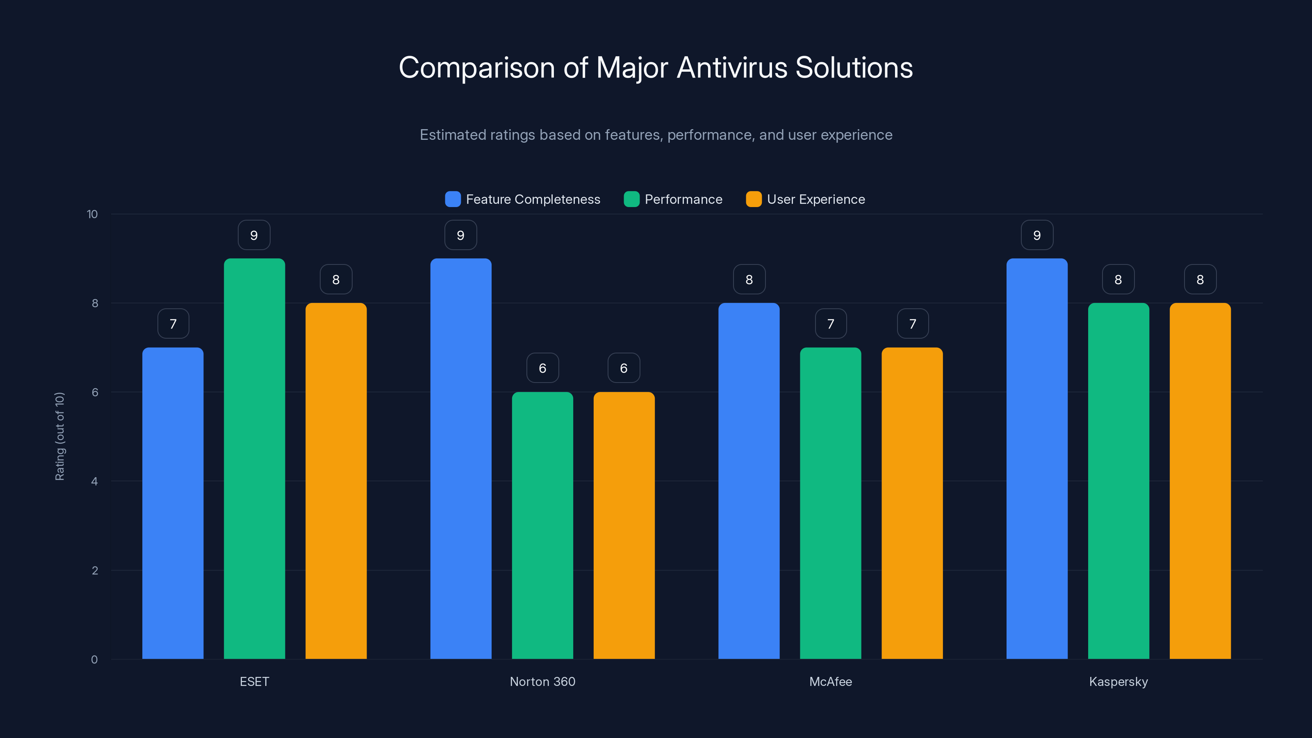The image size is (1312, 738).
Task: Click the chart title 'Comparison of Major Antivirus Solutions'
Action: [x=656, y=68]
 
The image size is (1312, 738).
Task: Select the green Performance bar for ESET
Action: [x=254, y=458]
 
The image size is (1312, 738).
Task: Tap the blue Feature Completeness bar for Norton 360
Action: [x=460, y=458]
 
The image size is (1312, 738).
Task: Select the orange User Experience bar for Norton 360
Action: [x=624, y=525]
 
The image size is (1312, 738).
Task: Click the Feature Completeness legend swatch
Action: [x=453, y=199]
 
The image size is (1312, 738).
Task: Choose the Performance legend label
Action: [x=683, y=199]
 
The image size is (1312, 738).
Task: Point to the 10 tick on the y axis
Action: [x=92, y=214]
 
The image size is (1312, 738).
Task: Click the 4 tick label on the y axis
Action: [x=94, y=481]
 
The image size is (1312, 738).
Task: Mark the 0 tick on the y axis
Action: [x=94, y=660]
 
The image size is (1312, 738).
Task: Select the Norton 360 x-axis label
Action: [x=542, y=681]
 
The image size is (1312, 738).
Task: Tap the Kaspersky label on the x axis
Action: [x=1118, y=681]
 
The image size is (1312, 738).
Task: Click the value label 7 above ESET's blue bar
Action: [x=173, y=324]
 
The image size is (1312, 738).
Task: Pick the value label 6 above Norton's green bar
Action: [x=542, y=368]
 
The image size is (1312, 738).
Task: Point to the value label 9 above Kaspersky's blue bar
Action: [x=1037, y=235]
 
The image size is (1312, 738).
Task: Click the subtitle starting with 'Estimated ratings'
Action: [x=656, y=135]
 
